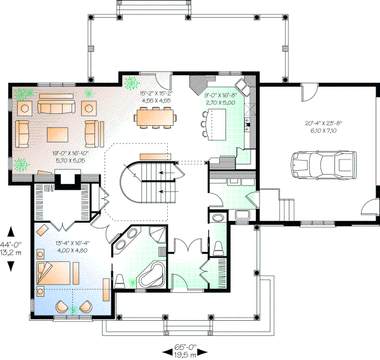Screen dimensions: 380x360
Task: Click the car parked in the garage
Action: [324, 165]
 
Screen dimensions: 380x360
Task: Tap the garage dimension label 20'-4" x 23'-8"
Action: [323, 123]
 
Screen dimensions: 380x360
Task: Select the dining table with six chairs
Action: [155, 118]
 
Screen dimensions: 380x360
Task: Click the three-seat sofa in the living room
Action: [56, 108]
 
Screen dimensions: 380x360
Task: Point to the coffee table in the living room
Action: [58, 135]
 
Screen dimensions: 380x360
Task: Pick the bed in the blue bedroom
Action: [54, 273]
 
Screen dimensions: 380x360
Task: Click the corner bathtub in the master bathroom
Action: [151, 275]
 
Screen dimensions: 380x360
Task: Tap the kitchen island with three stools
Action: [214, 124]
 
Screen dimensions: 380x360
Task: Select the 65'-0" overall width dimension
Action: [185, 347]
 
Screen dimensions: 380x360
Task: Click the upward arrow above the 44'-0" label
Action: [11, 232]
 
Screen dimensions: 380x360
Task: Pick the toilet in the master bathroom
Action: [119, 281]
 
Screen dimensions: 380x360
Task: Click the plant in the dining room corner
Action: [132, 83]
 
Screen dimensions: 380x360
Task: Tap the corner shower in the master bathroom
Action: [157, 235]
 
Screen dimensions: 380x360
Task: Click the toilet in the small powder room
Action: [218, 248]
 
